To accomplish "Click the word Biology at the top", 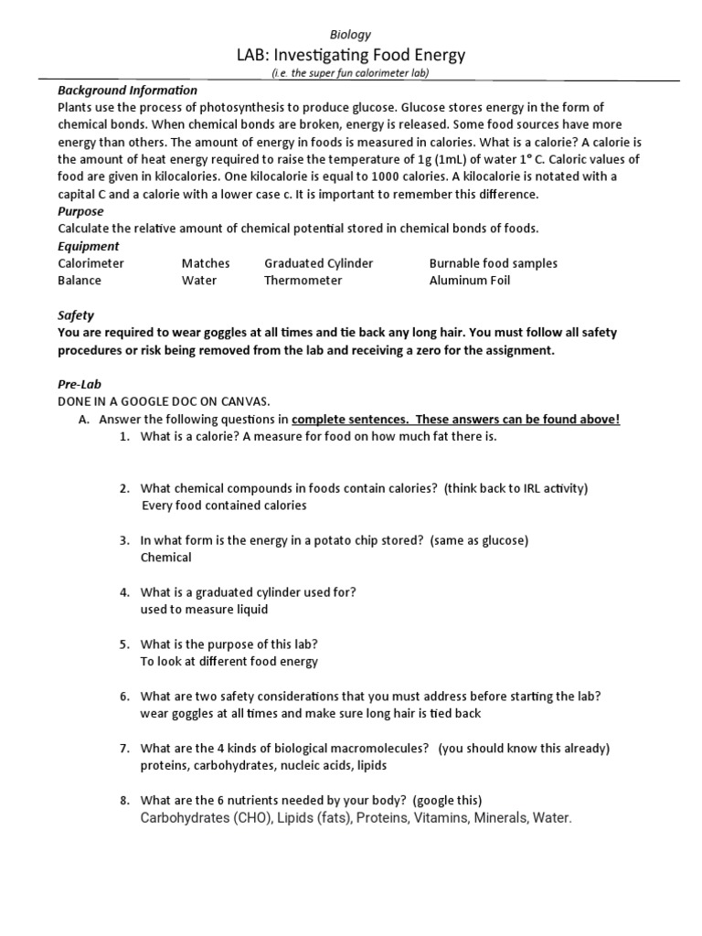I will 351,35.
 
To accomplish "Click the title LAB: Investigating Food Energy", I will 351,55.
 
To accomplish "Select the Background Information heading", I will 127,90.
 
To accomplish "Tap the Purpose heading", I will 81,211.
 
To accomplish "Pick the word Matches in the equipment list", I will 206,263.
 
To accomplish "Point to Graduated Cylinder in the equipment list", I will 319,263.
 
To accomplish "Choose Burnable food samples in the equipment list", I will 494,263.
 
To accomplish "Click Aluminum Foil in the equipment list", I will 470,281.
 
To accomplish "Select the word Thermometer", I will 303,281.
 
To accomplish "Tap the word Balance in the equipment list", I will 80,281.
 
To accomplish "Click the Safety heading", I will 76,315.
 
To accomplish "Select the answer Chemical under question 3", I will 166,557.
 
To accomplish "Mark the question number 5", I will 125,643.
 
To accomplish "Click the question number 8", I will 125,801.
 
